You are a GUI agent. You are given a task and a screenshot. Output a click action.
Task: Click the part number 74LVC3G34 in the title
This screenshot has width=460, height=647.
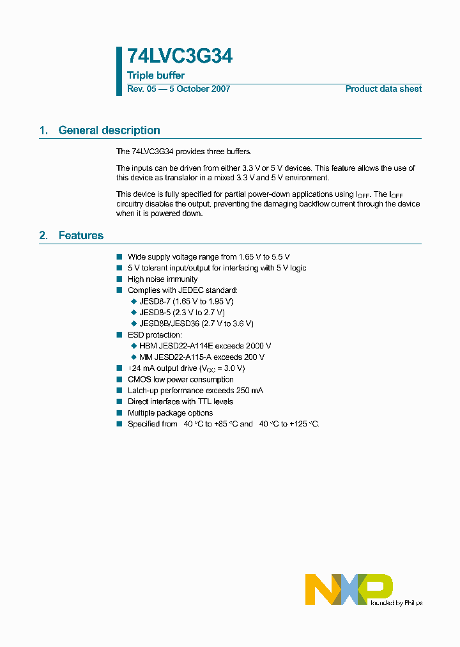click(x=180, y=57)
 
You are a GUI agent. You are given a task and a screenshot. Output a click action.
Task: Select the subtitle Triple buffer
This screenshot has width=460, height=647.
click(x=156, y=75)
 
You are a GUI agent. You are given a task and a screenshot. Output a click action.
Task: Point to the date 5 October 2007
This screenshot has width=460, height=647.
click(x=199, y=89)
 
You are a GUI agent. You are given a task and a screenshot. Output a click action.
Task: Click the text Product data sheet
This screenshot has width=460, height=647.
click(x=383, y=89)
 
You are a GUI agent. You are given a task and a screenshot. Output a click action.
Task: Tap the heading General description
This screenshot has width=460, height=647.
click(x=109, y=130)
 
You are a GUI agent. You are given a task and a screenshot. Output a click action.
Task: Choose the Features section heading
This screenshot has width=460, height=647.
click(x=80, y=236)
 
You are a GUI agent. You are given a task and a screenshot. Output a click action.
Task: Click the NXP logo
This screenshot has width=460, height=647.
click(x=348, y=589)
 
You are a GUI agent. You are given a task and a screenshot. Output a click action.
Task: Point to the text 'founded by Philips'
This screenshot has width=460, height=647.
click(x=396, y=602)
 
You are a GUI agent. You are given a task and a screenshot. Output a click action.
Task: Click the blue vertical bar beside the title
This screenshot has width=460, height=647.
click(x=119, y=71)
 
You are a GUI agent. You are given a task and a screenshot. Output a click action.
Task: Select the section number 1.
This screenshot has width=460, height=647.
click(x=43, y=130)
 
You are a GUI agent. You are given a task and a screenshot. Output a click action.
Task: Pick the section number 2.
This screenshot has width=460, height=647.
click(x=43, y=236)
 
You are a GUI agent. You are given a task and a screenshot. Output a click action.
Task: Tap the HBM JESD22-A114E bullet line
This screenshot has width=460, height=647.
click(x=205, y=346)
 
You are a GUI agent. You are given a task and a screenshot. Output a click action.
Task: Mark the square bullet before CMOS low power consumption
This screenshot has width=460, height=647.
click(x=119, y=380)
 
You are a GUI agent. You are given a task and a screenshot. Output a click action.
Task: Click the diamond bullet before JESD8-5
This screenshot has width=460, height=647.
click(x=134, y=313)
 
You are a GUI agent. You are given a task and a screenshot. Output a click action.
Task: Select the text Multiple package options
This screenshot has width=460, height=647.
click(x=170, y=413)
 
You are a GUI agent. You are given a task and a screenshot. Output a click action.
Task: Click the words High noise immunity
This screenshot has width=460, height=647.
click(x=162, y=279)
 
